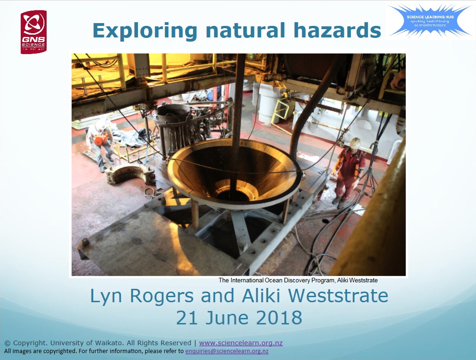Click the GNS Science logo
(x=33, y=32)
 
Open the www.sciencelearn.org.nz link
(x=241, y=343)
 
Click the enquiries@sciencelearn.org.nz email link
(x=226, y=351)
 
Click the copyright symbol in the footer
(x=7, y=343)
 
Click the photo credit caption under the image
(x=298, y=280)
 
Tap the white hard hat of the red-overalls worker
(x=355, y=143)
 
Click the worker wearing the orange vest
(x=101, y=141)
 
